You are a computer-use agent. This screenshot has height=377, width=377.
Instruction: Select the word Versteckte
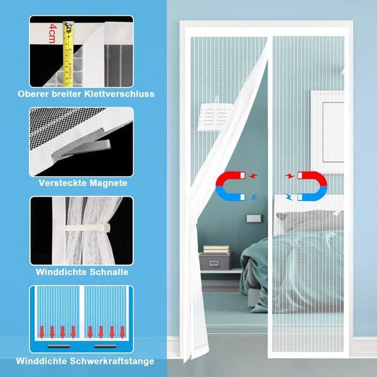61,183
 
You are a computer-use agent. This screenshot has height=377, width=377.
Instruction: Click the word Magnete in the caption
108,183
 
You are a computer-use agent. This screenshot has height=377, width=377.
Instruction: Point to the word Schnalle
107,273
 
